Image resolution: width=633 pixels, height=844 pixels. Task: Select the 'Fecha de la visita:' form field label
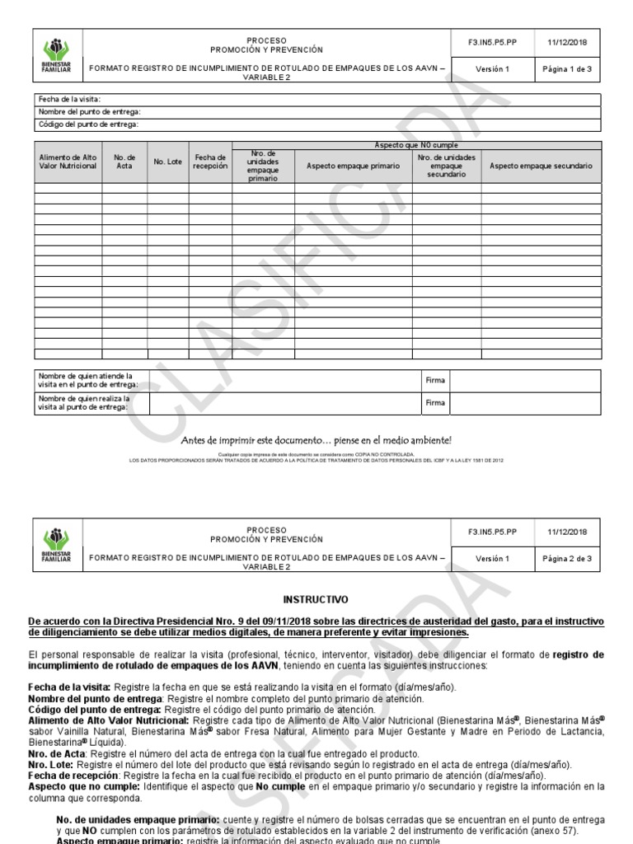click(68, 100)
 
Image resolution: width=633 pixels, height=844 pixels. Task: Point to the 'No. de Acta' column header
click(124, 162)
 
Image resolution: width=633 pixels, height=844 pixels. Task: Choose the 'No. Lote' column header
click(167, 162)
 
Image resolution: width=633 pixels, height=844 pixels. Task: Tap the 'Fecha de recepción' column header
click(210, 162)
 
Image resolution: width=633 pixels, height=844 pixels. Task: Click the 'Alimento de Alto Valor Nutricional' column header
click(68, 162)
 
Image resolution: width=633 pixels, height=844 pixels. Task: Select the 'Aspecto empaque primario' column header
click(353, 166)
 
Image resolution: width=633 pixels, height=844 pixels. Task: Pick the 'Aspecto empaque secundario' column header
click(541, 166)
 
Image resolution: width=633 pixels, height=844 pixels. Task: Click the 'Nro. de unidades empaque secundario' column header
click(446, 166)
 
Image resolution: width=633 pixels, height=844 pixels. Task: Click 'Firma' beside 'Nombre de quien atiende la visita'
click(434, 381)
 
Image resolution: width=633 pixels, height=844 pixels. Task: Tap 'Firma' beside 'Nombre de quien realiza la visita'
click(434, 402)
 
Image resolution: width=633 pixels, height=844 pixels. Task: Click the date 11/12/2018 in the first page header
click(568, 43)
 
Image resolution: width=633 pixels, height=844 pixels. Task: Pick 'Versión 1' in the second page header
click(493, 559)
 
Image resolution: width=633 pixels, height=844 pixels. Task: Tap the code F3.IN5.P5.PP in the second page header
click(493, 532)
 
